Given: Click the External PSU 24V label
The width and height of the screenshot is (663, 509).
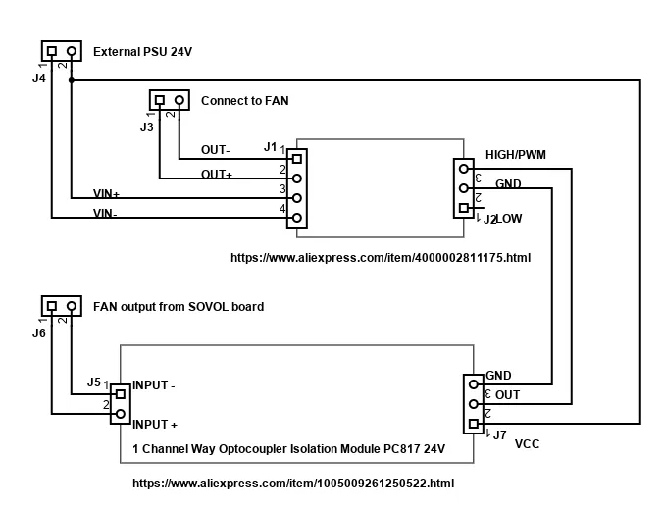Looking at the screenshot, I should (142, 51).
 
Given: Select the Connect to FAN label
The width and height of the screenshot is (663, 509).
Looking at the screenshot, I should (244, 100).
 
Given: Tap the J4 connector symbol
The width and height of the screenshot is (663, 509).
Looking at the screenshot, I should (61, 50).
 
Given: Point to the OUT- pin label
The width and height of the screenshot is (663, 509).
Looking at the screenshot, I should (216, 150).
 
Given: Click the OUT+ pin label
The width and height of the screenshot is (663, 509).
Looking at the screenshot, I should (217, 174).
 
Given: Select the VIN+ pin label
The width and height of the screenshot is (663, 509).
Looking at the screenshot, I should (106, 194).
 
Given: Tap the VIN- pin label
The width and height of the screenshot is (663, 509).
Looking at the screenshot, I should (105, 213).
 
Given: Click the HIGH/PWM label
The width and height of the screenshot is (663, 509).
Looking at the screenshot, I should (516, 155).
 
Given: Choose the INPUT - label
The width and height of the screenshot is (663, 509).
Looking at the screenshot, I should (153, 385).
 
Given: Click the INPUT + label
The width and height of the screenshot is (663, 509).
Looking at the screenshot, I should (154, 425).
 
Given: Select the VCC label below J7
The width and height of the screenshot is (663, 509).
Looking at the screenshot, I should (527, 443).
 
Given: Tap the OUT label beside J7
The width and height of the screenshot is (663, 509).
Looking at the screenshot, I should (508, 395).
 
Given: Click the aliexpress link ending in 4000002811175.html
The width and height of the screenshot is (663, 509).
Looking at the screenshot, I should (380, 258).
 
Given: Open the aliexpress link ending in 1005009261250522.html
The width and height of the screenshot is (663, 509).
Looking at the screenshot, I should (292, 484).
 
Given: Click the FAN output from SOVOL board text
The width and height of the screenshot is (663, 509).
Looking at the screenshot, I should (178, 306).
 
